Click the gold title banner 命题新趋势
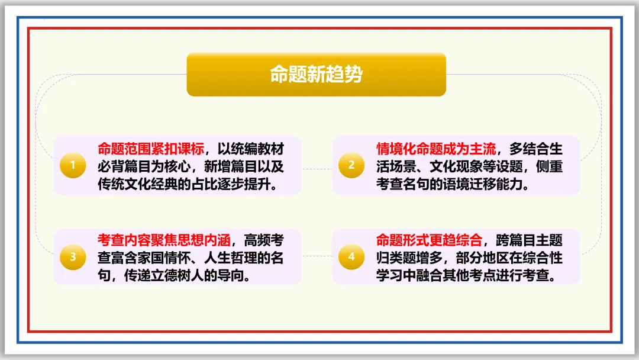pyautogui.click(x=316, y=75)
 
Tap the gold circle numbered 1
pyautogui.click(x=73, y=165)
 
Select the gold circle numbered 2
pyautogui.click(x=351, y=165)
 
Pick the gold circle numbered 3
pyautogui.click(x=73, y=256)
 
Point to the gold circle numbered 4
pyautogui.click(x=351, y=256)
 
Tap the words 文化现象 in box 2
pyautogui.click(x=457, y=166)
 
